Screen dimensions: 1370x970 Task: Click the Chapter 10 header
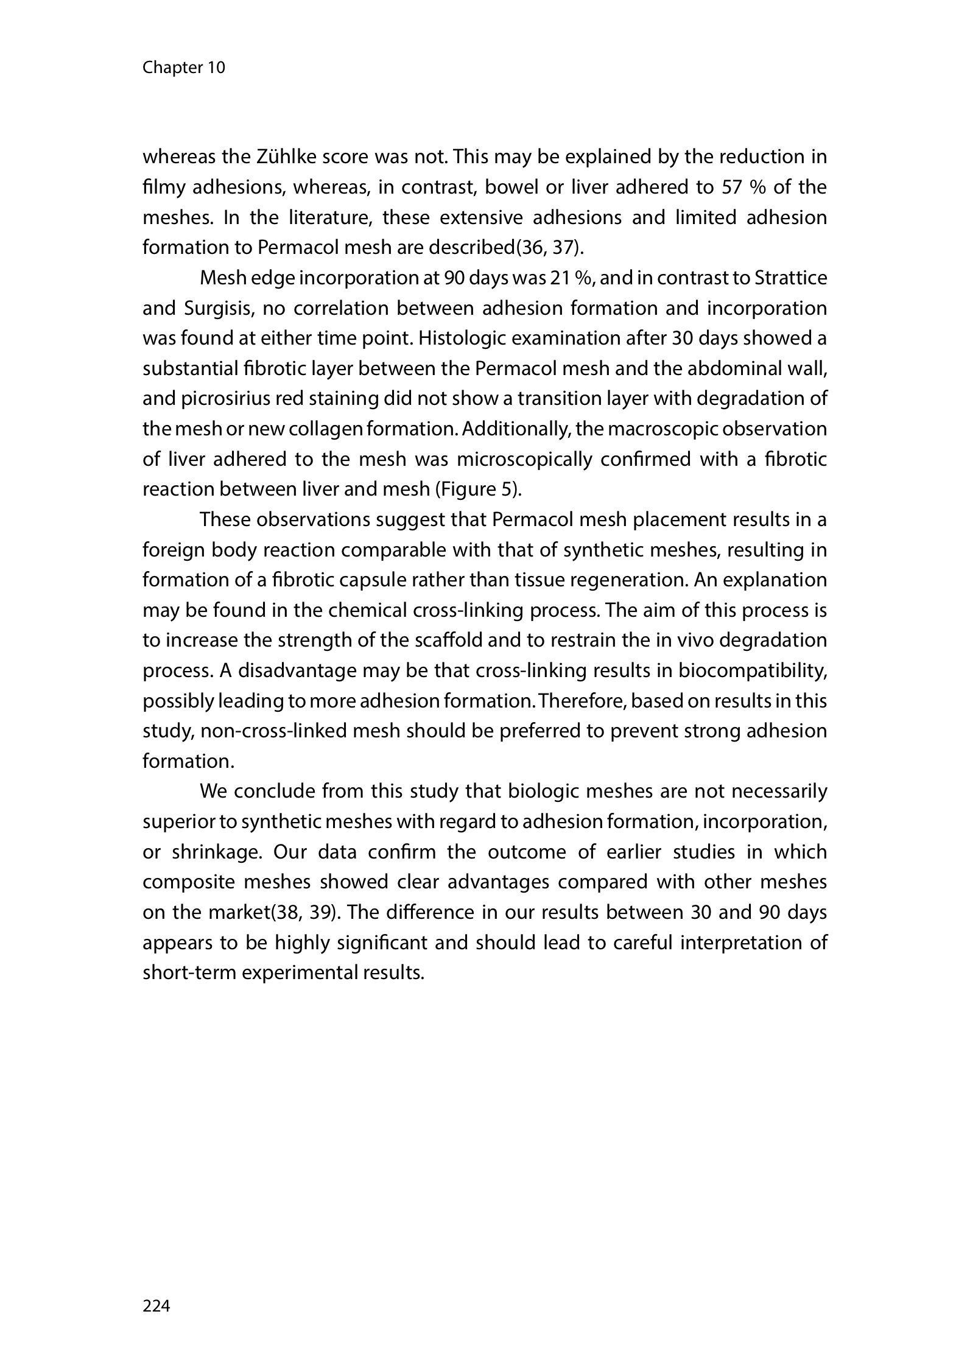183,68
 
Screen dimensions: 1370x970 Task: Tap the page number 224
156,1305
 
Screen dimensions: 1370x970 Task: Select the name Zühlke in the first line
280,157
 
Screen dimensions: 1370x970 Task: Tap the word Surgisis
223,309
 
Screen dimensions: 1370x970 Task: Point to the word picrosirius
226,399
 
